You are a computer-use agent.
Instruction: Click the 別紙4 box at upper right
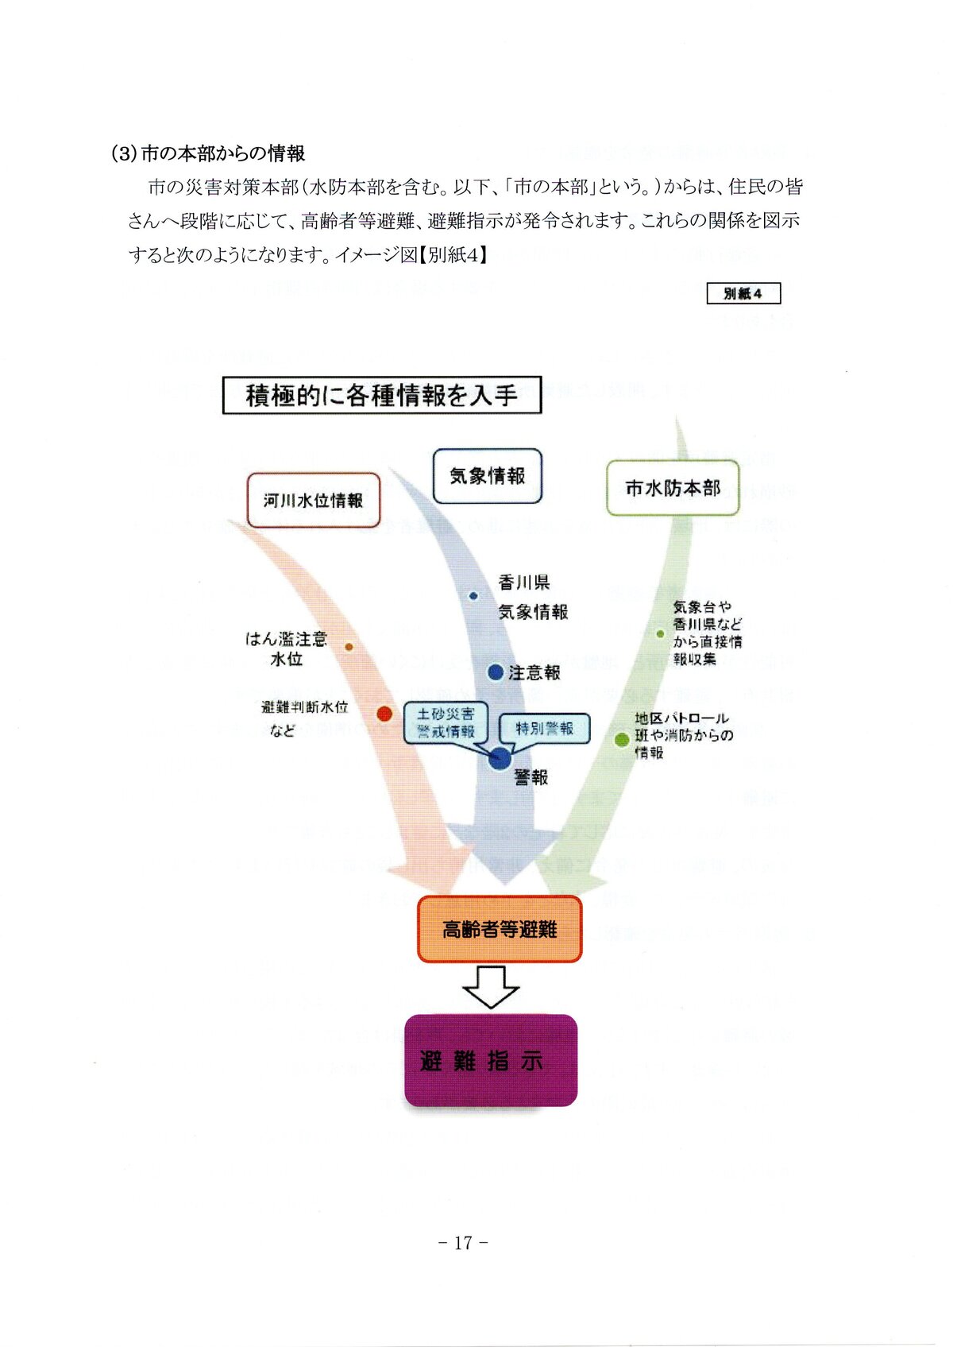point(743,293)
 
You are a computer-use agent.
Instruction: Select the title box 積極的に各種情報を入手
point(381,395)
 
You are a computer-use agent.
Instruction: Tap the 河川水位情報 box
point(313,501)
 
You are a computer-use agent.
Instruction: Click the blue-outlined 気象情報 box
point(488,476)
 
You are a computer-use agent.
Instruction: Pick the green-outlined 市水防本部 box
point(673,488)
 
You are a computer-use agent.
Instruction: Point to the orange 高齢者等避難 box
point(500,929)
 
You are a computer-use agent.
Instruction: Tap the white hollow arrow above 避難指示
point(491,987)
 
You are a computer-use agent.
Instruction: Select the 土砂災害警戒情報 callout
point(448,723)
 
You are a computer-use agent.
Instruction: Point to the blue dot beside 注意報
point(496,672)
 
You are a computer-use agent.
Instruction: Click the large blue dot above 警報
point(500,758)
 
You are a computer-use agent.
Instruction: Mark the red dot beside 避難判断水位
point(384,714)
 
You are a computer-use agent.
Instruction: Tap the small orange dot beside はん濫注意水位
point(349,647)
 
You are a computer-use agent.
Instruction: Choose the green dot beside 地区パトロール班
point(622,740)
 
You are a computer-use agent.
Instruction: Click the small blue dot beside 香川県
point(473,596)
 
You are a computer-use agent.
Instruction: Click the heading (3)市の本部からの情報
point(209,154)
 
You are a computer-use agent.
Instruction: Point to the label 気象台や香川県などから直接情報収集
point(708,633)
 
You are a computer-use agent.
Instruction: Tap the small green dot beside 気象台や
point(661,634)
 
